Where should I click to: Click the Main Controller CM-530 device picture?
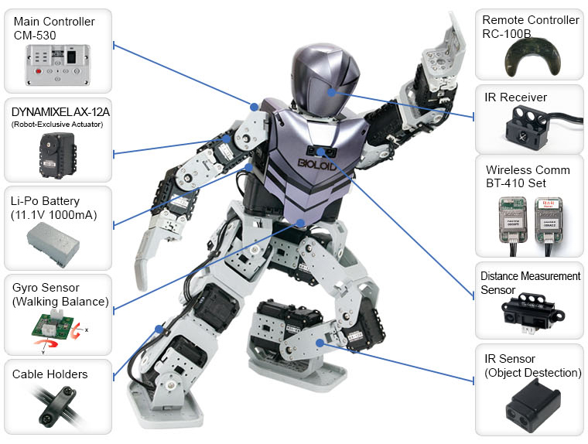58,65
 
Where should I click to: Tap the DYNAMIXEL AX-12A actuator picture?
58,155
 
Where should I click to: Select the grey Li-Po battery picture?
53,244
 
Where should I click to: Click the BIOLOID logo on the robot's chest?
317,164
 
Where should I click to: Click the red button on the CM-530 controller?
38,71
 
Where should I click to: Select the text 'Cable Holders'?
50,374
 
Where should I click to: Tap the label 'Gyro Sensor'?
46,288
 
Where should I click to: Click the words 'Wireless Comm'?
528,170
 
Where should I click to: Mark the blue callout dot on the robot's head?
331,92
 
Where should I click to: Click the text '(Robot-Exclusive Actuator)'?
57,125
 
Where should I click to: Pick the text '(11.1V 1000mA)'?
54,215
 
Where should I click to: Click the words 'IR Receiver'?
515,97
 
